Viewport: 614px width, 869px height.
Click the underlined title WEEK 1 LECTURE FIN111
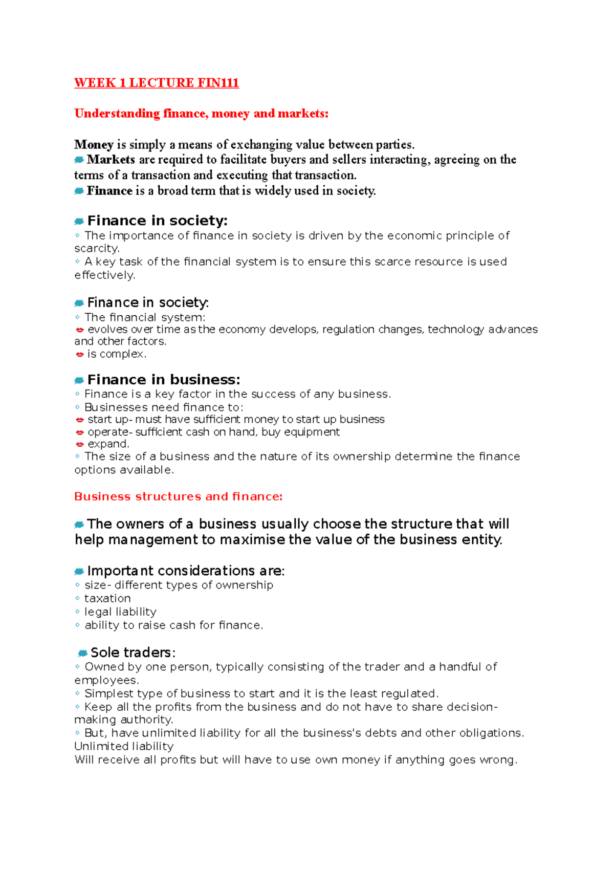157,83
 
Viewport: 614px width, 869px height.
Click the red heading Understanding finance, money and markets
201,114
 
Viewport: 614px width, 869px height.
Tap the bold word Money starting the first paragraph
94,145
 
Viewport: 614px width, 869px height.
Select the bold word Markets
111,160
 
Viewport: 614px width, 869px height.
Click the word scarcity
97,249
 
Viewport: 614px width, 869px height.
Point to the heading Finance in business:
163,380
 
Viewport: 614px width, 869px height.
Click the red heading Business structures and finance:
178,496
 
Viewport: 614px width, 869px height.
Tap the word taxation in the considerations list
107,598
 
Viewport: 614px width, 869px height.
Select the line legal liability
120,612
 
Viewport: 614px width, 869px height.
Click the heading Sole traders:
133,653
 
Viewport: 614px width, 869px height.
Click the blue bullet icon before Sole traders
82,653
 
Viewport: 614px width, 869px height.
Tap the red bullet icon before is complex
79,354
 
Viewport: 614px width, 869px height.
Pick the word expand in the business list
108,444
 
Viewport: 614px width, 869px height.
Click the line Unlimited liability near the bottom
124,746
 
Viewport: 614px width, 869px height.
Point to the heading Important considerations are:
186,571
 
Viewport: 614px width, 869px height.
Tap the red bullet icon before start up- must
79,420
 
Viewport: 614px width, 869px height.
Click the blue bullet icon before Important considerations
79,571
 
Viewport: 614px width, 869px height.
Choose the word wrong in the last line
497,759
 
